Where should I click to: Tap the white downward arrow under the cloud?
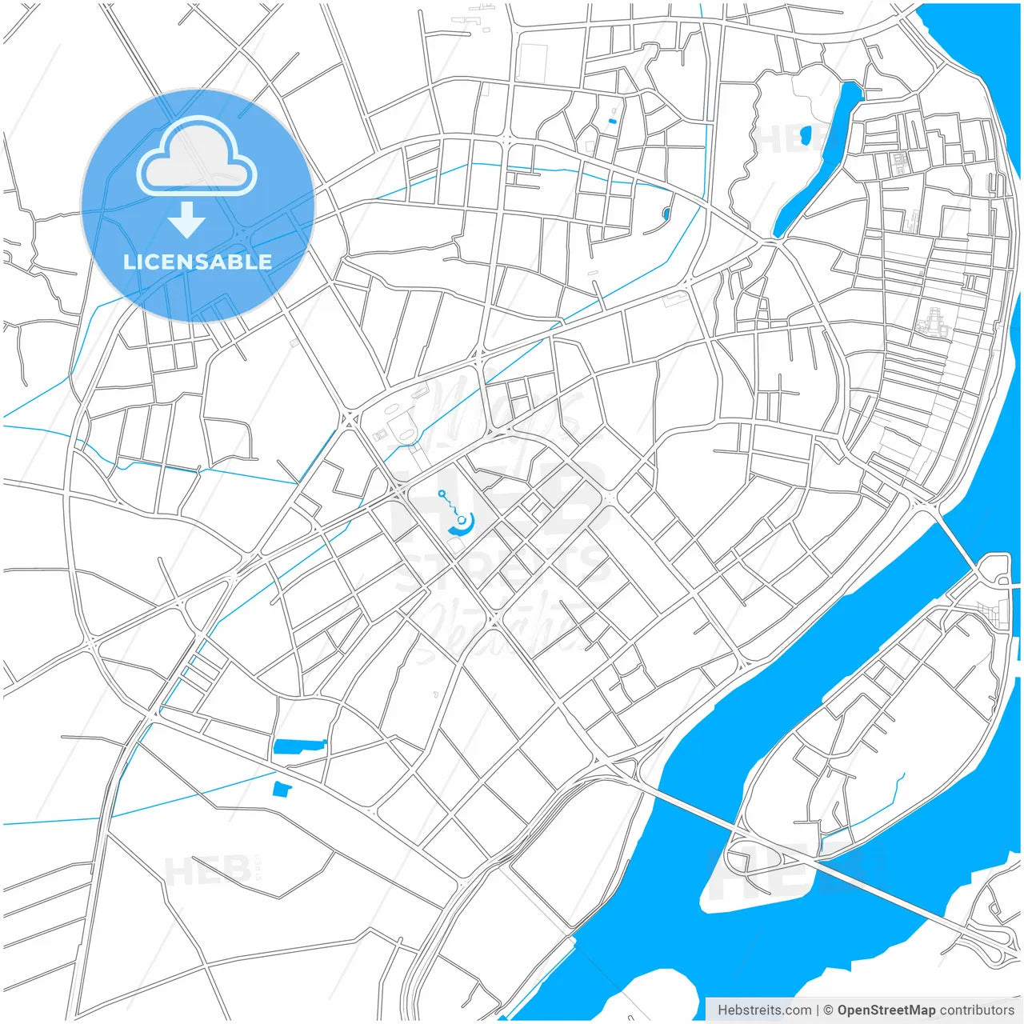(186, 219)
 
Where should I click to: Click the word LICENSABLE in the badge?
(198, 262)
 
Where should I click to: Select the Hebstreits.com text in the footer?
(764, 1010)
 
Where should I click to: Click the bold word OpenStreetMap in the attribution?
(886, 1010)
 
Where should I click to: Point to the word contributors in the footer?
(977, 1010)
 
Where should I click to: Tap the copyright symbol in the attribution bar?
(829, 1010)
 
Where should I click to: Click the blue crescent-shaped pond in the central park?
(463, 526)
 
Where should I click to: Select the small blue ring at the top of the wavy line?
(441, 494)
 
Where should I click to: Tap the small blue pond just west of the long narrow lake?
(805, 134)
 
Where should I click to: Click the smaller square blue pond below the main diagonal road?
(282, 790)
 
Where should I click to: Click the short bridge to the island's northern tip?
(956, 544)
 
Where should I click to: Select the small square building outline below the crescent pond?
(456, 544)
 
